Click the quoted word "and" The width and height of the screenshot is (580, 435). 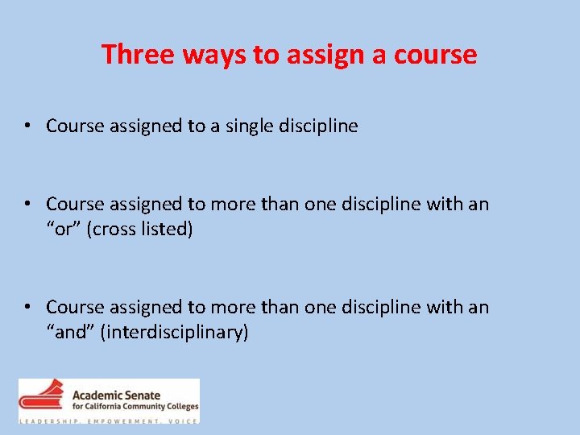point(70,332)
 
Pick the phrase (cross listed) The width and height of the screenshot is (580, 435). point(141,229)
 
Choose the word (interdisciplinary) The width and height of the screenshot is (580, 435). point(173,332)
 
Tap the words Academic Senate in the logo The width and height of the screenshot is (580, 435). point(117,396)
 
